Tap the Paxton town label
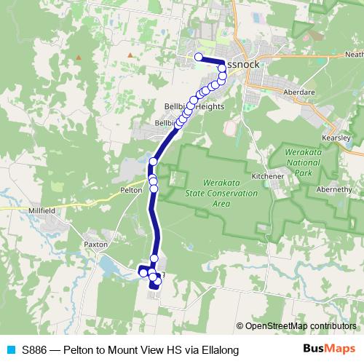tap(95, 245)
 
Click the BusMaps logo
tap(329, 349)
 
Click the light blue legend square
tap(9, 350)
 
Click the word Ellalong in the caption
tap(218, 350)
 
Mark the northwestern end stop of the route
tap(198, 56)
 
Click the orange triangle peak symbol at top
tap(130, 54)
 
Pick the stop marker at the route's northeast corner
tap(221, 68)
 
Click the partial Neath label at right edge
tap(354, 55)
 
